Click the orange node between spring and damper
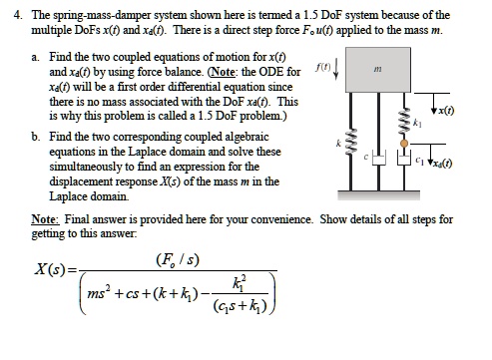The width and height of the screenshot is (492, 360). [403, 143]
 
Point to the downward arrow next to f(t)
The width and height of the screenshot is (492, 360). [334, 72]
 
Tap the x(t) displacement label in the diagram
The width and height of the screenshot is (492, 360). [449, 110]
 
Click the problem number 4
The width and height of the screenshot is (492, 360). [10, 16]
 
